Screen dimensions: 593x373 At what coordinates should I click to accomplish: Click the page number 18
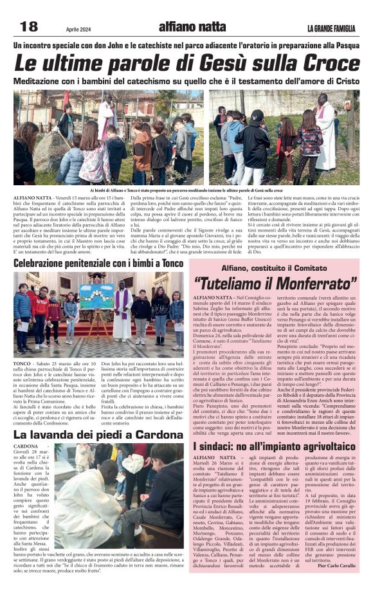29,26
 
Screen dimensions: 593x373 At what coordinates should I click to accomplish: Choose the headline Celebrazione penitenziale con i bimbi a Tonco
99,264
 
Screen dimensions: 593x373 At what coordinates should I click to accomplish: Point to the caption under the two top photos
186,191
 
